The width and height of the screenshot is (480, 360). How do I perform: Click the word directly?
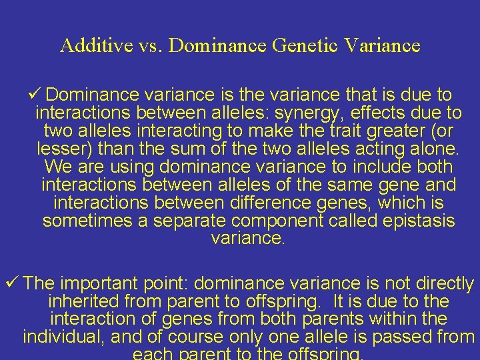point(438,283)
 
